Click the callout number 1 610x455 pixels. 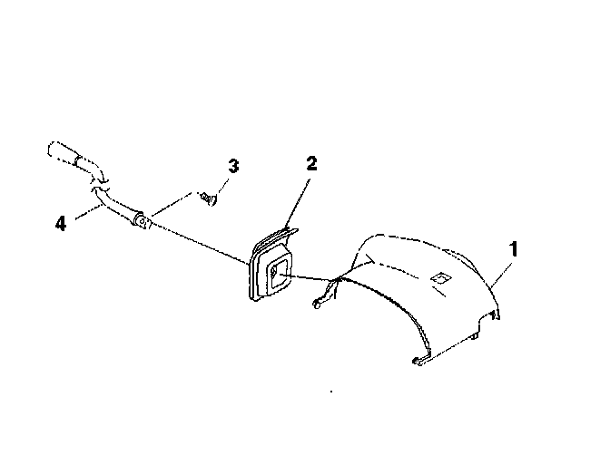coord(514,247)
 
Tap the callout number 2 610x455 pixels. coord(311,164)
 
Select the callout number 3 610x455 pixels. coord(233,167)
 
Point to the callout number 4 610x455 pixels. coord(61,222)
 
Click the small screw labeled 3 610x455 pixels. coord(208,197)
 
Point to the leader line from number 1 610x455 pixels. coord(503,269)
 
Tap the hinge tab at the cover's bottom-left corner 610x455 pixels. coord(419,361)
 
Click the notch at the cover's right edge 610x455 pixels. coord(496,314)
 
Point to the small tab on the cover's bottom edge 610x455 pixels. coord(477,336)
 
